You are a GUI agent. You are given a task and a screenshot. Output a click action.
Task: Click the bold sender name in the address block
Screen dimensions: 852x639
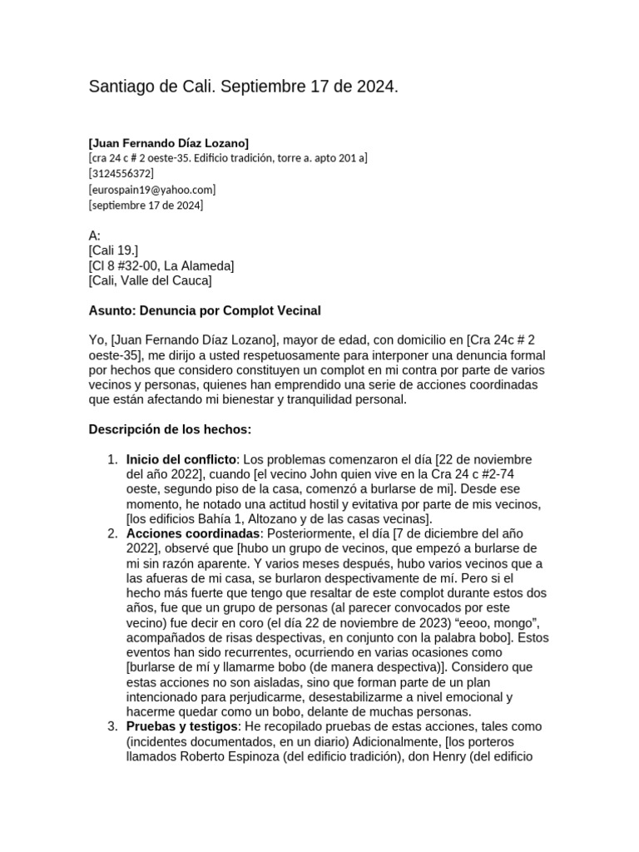pyautogui.click(x=168, y=142)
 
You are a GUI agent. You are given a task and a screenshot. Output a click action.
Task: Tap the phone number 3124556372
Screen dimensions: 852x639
pyautogui.click(x=121, y=173)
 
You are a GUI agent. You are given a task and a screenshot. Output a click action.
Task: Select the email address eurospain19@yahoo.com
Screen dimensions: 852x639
pyautogui.click(x=151, y=189)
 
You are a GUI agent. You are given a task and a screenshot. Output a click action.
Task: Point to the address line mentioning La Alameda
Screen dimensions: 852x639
pyautogui.click(x=161, y=265)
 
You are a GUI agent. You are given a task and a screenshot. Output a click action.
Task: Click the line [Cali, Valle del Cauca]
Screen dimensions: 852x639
pyautogui.click(x=150, y=280)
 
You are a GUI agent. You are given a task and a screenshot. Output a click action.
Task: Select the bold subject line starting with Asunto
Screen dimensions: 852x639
pyautogui.click(x=204, y=310)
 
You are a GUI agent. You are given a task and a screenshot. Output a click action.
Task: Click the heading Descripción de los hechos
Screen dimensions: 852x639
pyautogui.click(x=170, y=429)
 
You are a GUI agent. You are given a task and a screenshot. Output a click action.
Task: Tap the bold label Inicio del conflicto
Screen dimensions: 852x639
pyautogui.click(x=181, y=459)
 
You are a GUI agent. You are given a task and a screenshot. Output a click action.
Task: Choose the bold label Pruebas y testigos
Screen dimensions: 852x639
pyautogui.click(x=182, y=726)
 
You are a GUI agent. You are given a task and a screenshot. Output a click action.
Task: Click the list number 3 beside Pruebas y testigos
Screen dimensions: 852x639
pyautogui.click(x=112, y=726)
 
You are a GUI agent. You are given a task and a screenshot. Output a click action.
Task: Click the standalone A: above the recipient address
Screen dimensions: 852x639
pyautogui.click(x=94, y=235)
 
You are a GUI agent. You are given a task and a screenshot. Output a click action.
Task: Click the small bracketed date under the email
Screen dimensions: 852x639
pyautogui.click(x=146, y=205)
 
